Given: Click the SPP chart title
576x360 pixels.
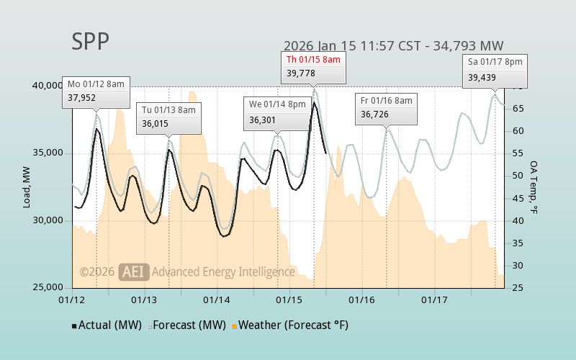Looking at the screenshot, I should [91, 42].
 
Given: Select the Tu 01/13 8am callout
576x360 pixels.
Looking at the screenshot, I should [168, 117].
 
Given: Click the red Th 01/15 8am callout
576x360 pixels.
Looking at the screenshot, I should [313, 66].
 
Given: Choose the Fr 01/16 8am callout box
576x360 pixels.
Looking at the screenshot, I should [387, 107].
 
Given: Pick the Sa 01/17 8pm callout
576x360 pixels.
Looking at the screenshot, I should [495, 70].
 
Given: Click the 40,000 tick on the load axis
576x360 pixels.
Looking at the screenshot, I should [48, 86].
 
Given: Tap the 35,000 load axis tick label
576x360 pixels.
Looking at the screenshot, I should [48, 153].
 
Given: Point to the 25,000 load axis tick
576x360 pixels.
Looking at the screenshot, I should [48, 287].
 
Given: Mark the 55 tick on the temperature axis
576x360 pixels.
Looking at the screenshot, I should [516, 153].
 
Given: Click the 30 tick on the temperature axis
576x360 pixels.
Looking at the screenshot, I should [516, 266].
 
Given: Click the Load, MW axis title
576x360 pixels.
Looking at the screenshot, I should [27, 186].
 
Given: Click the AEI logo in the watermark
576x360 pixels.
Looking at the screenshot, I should [133, 271].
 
